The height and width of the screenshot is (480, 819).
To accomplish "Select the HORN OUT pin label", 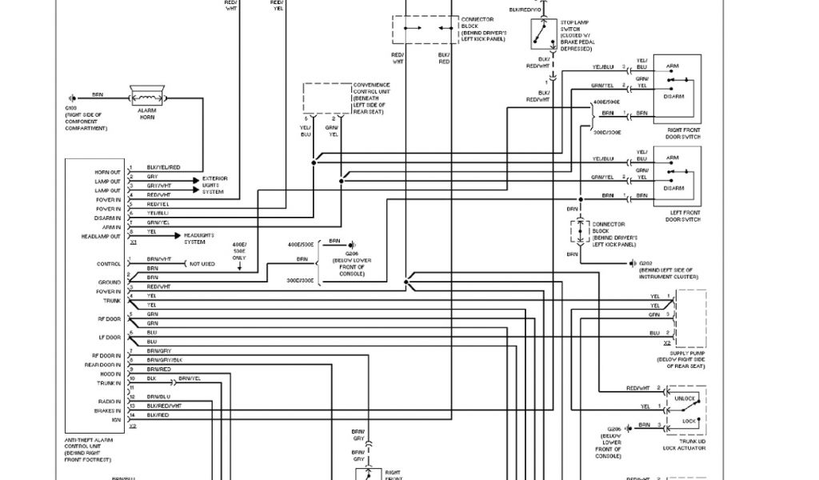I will (108, 172).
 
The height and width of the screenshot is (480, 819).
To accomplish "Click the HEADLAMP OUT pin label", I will (102, 236).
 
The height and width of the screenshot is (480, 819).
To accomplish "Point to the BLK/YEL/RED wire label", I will (163, 167).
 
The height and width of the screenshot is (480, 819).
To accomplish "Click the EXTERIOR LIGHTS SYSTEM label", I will (214, 185).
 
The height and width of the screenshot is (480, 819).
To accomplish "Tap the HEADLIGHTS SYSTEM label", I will (200, 238).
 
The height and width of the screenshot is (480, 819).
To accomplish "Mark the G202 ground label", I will (666, 270).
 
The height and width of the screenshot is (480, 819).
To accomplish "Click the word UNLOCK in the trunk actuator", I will (685, 398).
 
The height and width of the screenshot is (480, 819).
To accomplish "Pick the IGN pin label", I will (117, 419).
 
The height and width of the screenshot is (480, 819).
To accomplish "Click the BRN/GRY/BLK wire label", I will (165, 360).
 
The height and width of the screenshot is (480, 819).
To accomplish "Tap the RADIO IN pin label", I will (110, 401).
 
